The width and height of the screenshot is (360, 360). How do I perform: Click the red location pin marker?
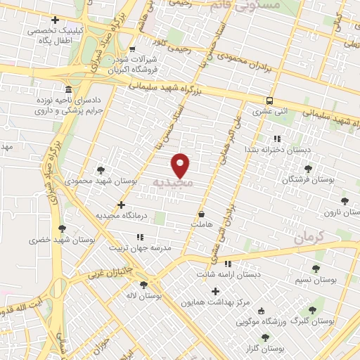[x=181, y=165]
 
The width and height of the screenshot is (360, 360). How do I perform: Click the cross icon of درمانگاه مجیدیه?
[x=122, y=206]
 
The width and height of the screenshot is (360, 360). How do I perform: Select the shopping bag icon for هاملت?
[x=202, y=214]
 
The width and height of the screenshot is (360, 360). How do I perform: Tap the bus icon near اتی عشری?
[x=271, y=101]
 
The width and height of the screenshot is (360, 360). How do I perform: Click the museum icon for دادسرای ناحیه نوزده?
[x=67, y=91]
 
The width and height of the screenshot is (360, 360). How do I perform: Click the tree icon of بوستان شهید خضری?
[x=63, y=229]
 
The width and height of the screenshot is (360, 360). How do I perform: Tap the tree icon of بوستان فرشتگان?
[x=308, y=169]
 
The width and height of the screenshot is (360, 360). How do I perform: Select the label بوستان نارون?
[x=338, y=212]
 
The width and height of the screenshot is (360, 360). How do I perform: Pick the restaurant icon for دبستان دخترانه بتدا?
[x=276, y=139]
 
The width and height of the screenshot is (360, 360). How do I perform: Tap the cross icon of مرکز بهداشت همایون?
[x=215, y=291]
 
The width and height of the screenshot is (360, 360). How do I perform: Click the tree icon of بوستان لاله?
[x=144, y=285]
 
